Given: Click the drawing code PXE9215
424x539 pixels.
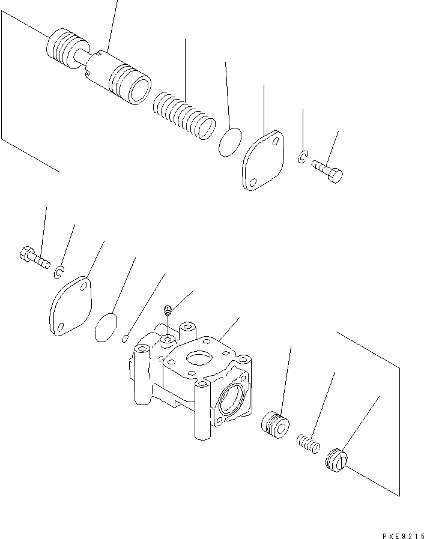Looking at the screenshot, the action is (x=403, y=535).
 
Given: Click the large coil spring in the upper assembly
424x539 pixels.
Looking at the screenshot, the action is (x=184, y=115).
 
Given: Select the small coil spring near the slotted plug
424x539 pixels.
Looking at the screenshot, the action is (x=308, y=444).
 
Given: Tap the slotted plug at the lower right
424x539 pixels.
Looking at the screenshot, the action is (x=336, y=460).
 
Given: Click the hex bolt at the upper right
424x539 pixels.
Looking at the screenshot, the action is (x=327, y=171).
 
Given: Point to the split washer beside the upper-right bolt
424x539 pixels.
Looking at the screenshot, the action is (x=302, y=157).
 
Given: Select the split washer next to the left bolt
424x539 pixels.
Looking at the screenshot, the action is (x=59, y=273).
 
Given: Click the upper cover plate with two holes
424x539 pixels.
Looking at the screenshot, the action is (x=263, y=160).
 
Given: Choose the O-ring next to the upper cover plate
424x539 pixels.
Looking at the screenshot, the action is (x=229, y=142).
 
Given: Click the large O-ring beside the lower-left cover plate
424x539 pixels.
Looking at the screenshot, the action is (x=106, y=328).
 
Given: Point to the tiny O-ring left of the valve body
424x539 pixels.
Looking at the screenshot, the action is (x=125, y=339).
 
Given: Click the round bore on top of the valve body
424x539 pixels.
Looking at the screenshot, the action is (x=199, y=358).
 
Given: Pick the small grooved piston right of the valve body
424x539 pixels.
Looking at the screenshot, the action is (x=274, y=425).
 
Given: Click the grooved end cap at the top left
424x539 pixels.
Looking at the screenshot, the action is (x=67, y=48).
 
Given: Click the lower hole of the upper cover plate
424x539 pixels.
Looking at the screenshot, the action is (x=253, y=183).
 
